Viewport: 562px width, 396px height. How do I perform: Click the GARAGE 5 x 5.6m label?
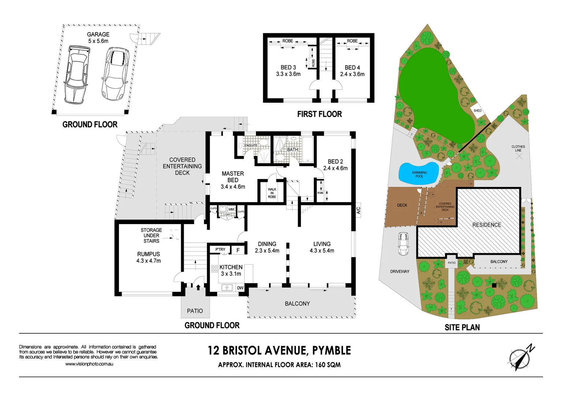[x=98, y=38]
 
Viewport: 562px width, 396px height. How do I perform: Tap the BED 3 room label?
[x=288, y=67]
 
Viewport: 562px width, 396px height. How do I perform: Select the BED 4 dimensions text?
[x=352, y=74]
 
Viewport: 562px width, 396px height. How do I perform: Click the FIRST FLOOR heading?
[x=319, y=114]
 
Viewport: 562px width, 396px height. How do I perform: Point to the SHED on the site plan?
[x=477, y=111]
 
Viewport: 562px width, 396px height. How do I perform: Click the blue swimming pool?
[x=418, y=173]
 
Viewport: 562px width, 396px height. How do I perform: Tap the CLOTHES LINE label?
[x=518, y=148]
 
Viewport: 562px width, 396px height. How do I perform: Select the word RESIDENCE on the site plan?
[x=487, y=225]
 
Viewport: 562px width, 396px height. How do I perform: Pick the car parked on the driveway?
[x=403, y=244]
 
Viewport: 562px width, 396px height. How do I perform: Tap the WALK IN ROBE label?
[x=272, y=193]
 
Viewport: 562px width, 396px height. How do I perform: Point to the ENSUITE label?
[x=251, y=146]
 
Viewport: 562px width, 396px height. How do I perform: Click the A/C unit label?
[x=358, y=210]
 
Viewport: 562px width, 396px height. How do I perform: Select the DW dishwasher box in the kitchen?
[x=240, y=288]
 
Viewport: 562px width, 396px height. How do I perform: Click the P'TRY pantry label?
[x=220, y=250]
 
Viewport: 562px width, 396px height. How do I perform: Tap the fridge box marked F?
[x=238, y=250]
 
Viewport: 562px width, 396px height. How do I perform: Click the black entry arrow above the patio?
[x=198, y=287]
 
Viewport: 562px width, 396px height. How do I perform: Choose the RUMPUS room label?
[x=149, y=254]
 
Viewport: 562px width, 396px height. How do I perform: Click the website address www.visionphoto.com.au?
[x=89, y=364]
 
